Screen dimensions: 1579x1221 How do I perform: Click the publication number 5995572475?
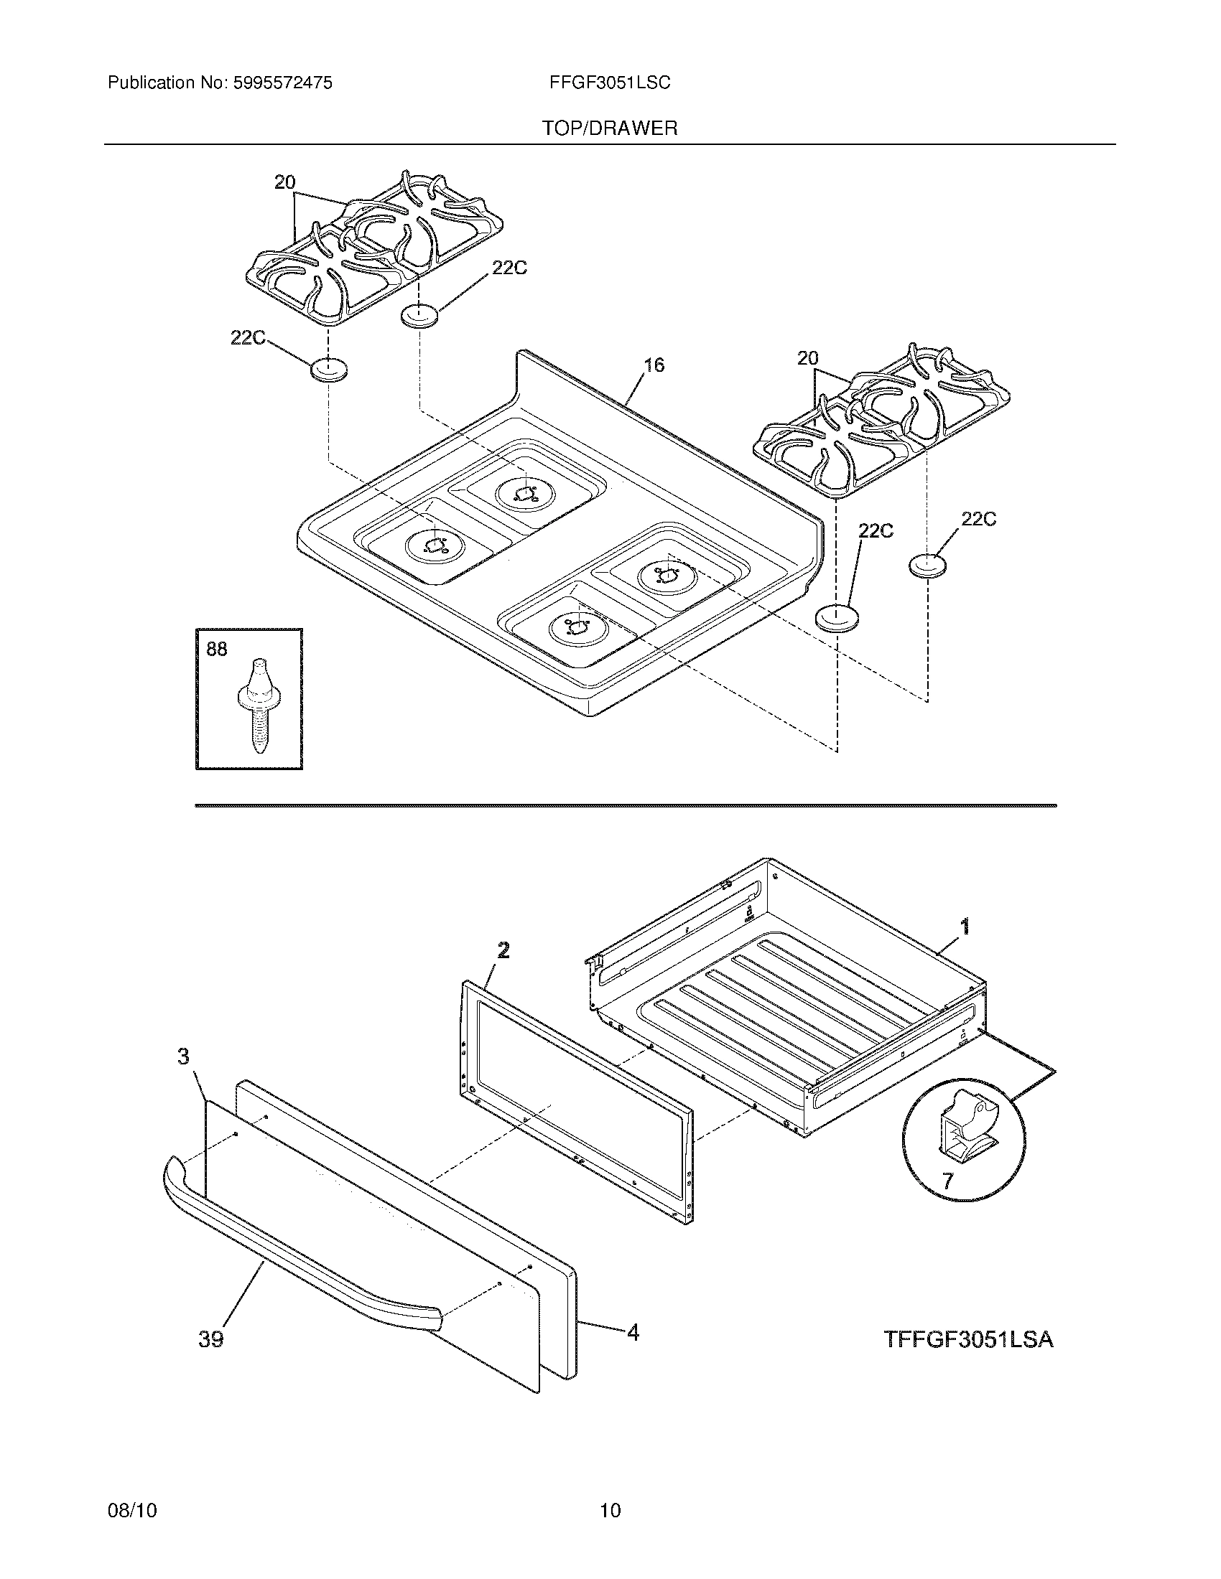282,83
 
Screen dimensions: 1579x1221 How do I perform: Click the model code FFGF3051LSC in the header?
610,83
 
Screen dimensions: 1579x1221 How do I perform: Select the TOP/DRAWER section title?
610,128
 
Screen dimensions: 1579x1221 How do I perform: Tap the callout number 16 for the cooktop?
653,365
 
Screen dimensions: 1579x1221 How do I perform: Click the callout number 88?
217,650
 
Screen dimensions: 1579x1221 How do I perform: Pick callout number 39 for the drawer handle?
211,1339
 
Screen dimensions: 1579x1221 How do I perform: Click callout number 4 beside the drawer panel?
633,1331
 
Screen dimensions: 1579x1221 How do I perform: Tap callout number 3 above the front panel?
184,1057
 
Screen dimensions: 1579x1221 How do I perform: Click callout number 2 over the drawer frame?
503,950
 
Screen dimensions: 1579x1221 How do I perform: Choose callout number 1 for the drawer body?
964,926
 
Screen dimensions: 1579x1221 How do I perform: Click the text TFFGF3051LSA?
969,1340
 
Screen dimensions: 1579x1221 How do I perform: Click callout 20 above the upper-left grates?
285,182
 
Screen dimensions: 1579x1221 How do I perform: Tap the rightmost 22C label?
978,519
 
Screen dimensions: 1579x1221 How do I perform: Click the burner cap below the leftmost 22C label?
329,370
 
